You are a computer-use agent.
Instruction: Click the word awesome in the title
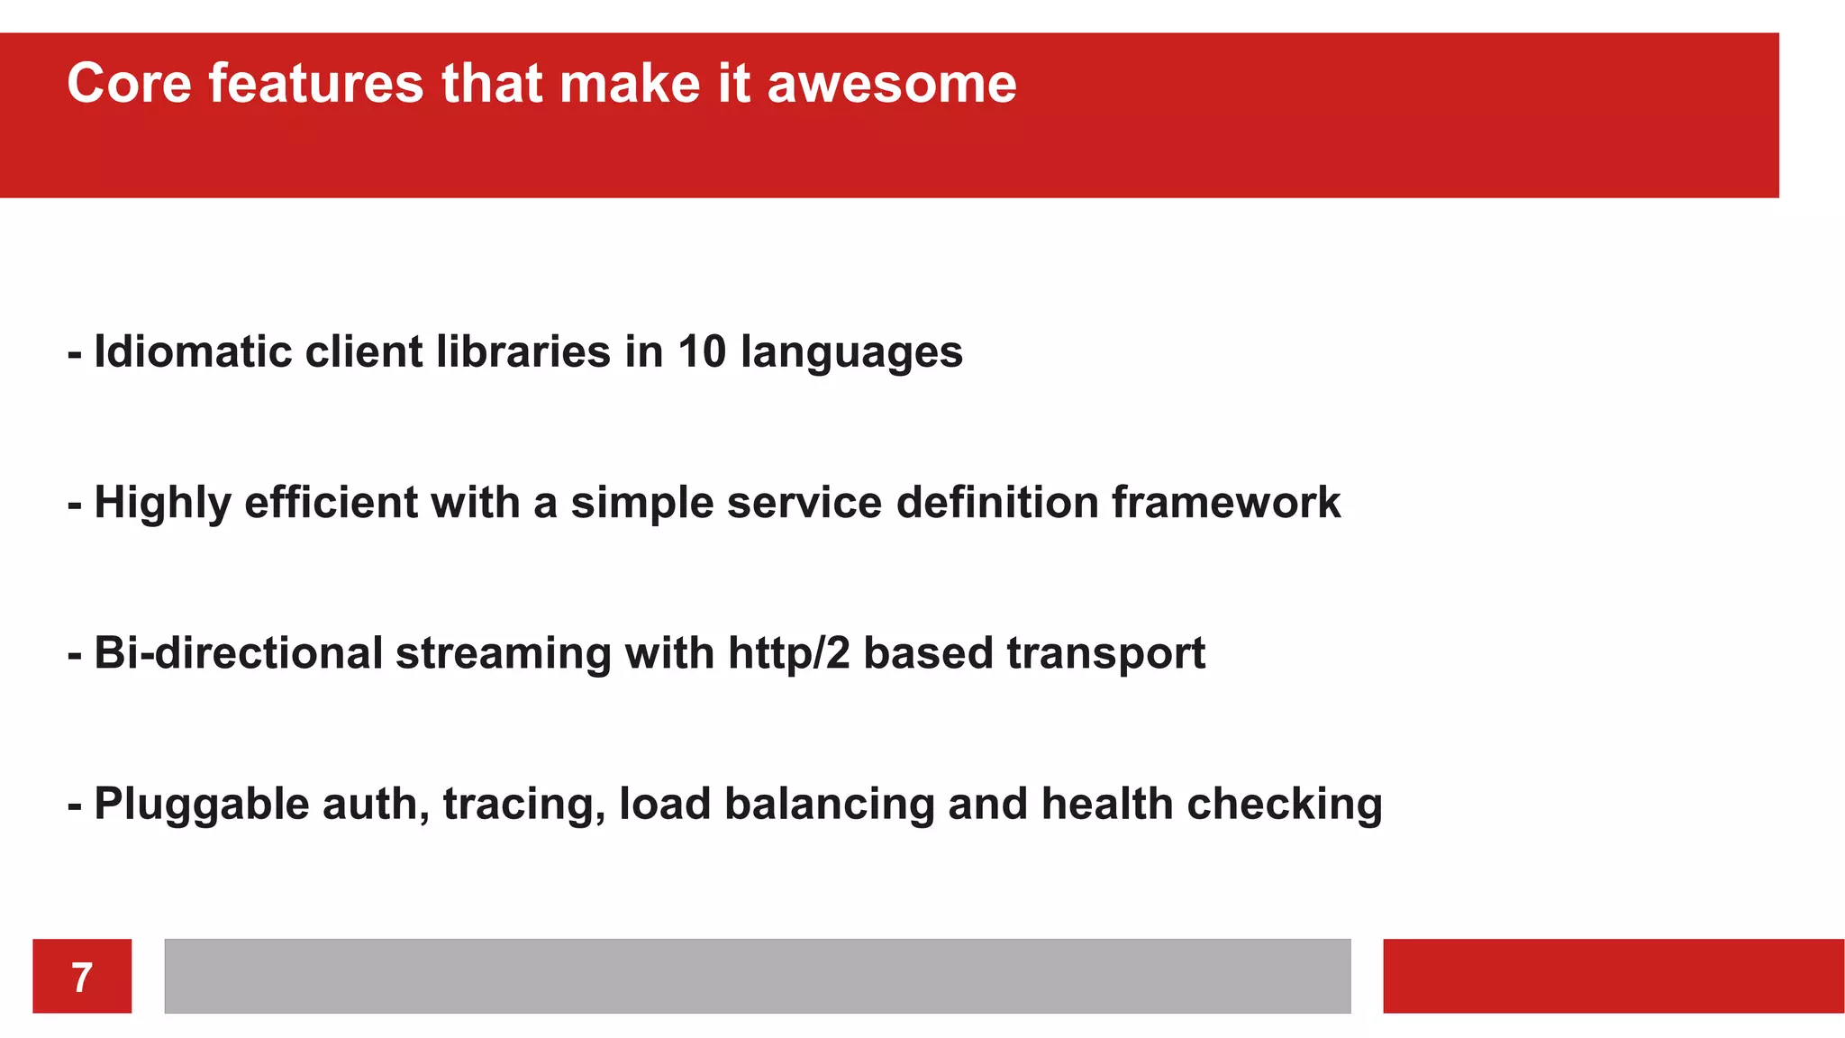[892, 84]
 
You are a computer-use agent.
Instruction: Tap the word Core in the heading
[129, 84]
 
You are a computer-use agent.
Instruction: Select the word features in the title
[315, 84]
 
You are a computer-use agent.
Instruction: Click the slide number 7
[82, 977]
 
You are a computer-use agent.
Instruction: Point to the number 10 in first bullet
[702, 351]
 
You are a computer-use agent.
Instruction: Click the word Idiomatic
[194, 351]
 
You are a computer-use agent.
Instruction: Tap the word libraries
[523, 351]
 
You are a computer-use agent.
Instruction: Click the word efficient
[331, 502]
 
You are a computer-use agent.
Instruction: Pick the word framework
[1226, 502]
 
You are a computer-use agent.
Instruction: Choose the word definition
[996, 502]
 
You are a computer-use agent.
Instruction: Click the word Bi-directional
[239, 652]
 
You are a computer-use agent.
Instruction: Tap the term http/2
[788, 652]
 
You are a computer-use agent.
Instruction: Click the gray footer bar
[757, 976]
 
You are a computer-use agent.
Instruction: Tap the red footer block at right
[1613, 976]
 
